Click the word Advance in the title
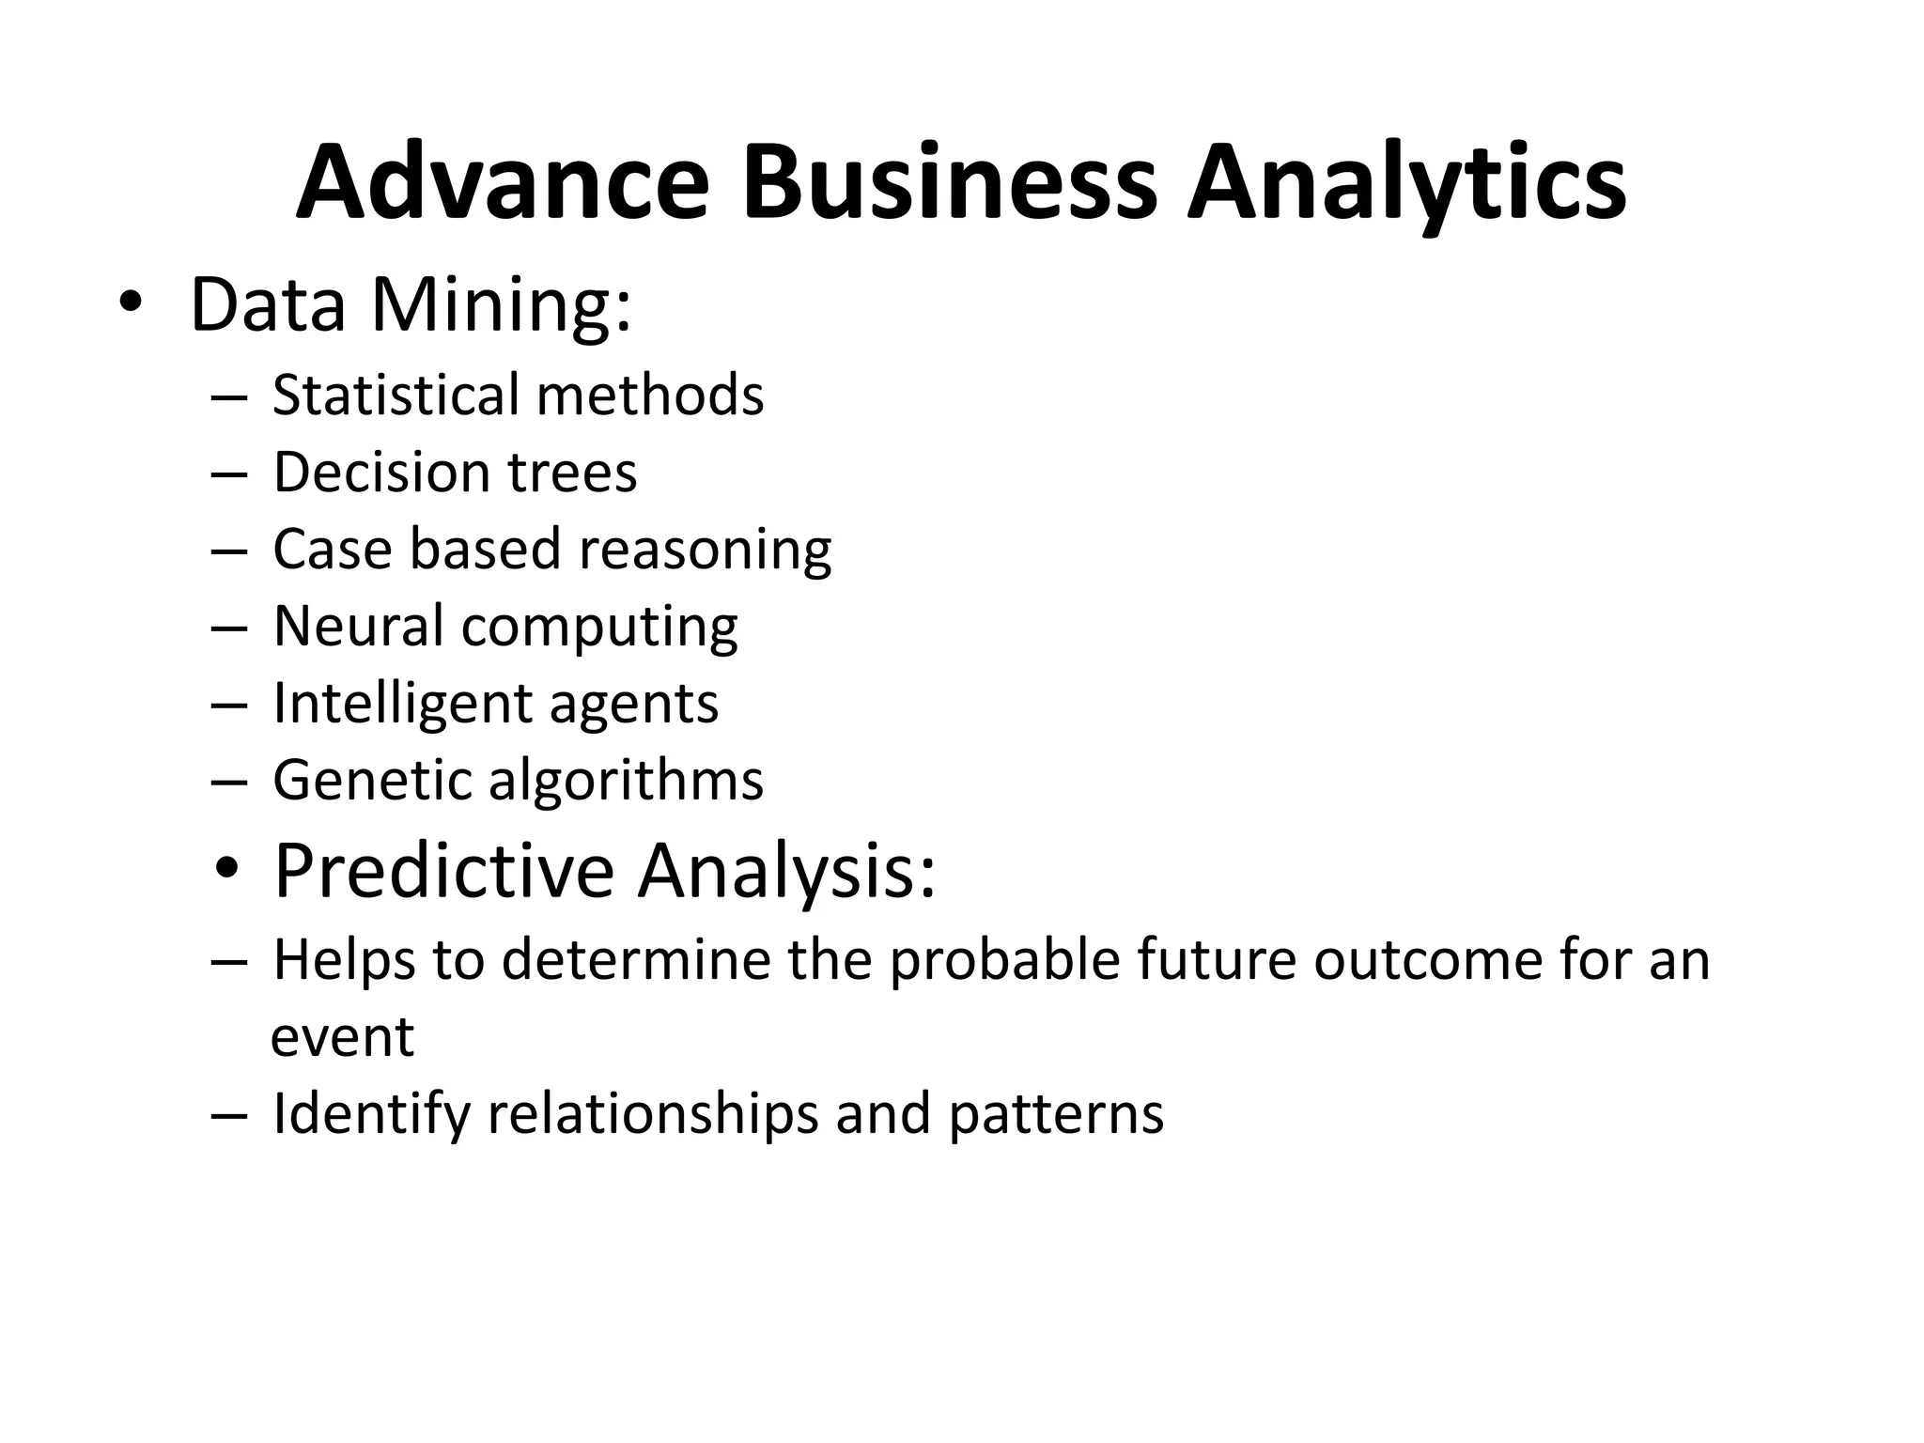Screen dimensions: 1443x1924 click(503, 182)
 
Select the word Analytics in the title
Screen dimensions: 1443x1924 click(1406, 182)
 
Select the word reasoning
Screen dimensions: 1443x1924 click(705, 551)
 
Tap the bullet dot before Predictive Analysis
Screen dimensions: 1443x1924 click(226, 870)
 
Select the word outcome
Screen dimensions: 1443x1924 click(1427, 960)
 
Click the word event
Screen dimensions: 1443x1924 click(342, 1037)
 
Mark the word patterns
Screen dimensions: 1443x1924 click(1056, 1115)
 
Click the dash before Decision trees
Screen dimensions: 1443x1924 click(229, 473)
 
